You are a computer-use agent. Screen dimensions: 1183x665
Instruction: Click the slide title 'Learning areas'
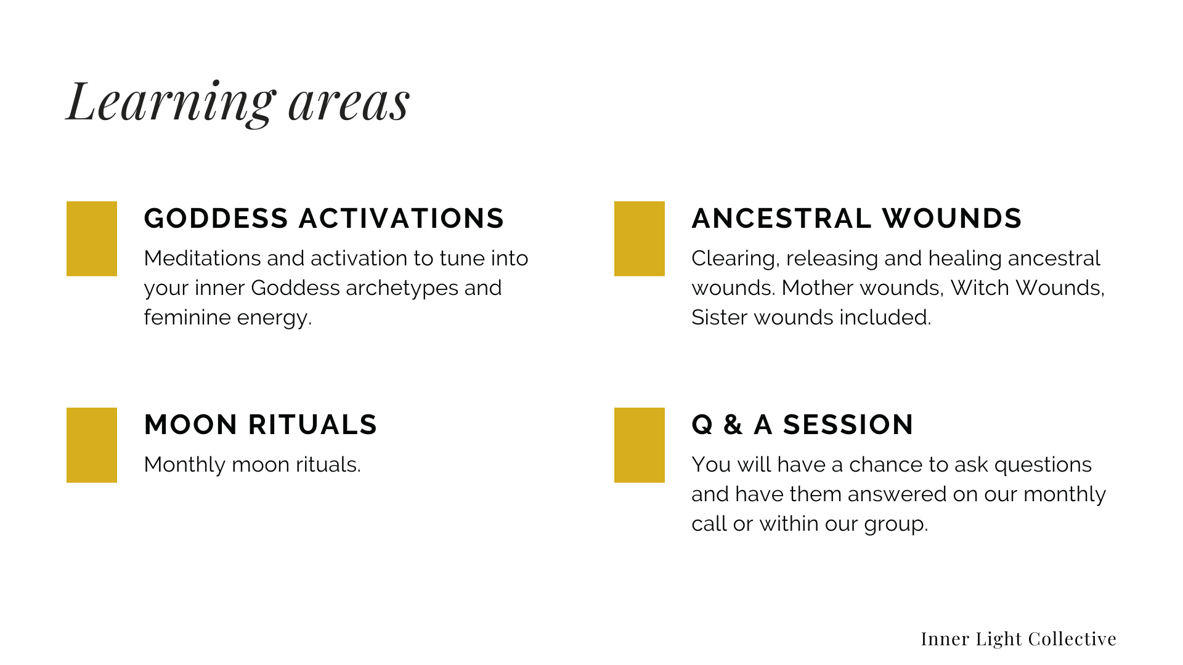(238, 102)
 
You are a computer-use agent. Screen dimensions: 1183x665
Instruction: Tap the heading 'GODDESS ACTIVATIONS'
(324, 219)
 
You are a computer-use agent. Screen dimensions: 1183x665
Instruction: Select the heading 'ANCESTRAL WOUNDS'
(856, 219)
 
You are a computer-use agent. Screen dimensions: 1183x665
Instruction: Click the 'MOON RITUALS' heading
(261, 425)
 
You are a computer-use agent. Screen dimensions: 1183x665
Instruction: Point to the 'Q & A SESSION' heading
(802, 425)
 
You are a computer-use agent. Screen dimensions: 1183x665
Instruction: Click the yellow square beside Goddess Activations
(92, 239)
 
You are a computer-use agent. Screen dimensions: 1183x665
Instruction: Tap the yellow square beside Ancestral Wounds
(640, 239)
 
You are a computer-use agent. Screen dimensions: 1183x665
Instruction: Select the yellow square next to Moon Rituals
(92, 445)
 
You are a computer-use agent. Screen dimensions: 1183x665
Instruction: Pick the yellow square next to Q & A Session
(640, 445)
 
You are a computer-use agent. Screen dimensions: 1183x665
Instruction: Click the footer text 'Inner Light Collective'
(1018, 639)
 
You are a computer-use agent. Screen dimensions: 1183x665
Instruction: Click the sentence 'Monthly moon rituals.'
(253, 465)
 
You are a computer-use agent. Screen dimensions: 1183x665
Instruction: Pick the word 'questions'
(1043, 465)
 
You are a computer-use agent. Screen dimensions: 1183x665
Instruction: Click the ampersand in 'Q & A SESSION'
(733, 425)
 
